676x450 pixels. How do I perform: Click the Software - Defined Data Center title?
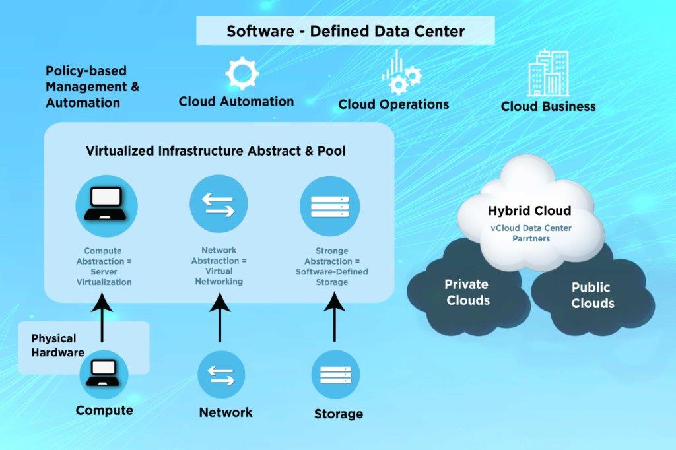(345, 31)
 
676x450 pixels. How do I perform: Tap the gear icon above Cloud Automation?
(242, 73)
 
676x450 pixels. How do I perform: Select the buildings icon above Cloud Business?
(549, 73)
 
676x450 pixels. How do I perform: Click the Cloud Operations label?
(393, 104)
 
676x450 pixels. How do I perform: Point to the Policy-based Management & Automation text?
(92, 86)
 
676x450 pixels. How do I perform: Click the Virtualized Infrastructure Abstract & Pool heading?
(216, 151)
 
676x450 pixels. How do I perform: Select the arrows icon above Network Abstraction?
(219, 204)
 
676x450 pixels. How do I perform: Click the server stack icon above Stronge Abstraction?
(330, 206)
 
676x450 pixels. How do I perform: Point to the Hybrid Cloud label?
(529, 210)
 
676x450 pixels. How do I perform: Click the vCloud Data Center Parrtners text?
(531, 233)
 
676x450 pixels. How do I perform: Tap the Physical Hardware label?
(58, 345)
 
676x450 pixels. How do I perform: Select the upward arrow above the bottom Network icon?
(220, 317)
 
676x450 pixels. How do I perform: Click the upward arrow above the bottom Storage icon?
(335, 317)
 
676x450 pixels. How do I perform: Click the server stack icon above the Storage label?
(335, 375)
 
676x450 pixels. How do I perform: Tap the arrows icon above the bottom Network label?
(221, 375)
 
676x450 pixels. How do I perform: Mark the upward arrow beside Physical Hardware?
(102, 317)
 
